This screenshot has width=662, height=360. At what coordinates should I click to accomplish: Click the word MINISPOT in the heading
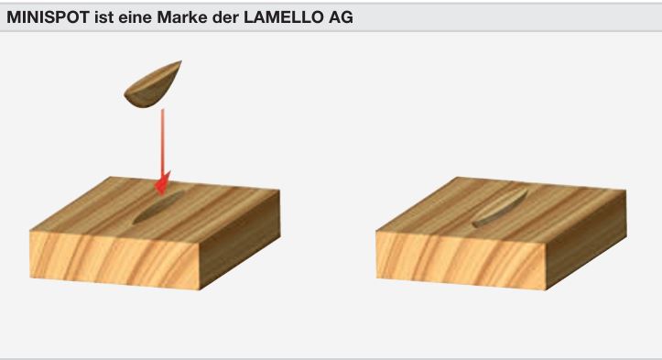click(47, 17)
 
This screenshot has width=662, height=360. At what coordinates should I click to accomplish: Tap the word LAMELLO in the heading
click(275, 17)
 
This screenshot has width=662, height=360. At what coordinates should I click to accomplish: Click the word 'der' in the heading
click(218, 17)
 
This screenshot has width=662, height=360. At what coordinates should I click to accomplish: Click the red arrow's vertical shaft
click(162, 137)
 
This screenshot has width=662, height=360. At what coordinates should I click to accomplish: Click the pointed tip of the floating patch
click(179, 62)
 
